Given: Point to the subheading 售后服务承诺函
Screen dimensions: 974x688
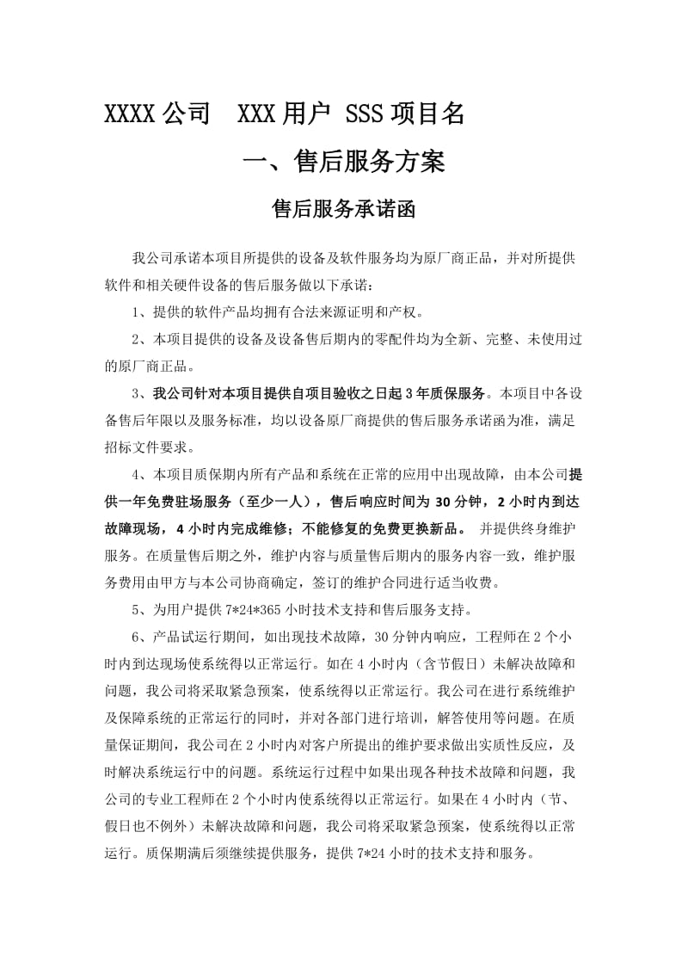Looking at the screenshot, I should pos(343,210).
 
